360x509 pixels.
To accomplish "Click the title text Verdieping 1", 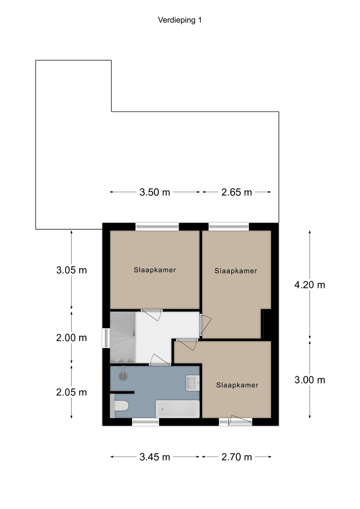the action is pyautogui.click(x=180, y=21).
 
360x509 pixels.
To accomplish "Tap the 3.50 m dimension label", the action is pyautogui.click(x=155, y=192).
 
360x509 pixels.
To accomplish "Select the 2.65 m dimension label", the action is pyautogui.click(x=237, y=192).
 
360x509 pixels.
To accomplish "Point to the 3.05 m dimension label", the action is pyautogui.click(x=72, y=270).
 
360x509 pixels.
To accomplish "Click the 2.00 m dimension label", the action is pyautogui.click(x=72, y=338).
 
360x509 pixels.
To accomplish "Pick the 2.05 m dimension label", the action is pyautogui.click(x=72, y=392).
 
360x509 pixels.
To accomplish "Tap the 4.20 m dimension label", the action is pyautogui.click(x=310, y=285).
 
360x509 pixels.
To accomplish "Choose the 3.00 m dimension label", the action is pyautogui.click(x=310, y=380).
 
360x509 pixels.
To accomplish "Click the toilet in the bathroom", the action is pyautogui.click(x=120, y=406).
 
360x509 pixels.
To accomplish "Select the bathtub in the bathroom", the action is pyautogui.click(x=178, y=409).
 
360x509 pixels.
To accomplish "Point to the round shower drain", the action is pyautogui.click(x=123, y=376).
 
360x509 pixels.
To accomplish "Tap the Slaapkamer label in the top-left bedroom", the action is pyautogui.click(x=155, y=270).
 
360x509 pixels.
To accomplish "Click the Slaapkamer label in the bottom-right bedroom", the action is pyautogui.click(x=237, y=385).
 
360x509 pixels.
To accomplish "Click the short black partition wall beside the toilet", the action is pyautogui.click(x=122, y=392).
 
